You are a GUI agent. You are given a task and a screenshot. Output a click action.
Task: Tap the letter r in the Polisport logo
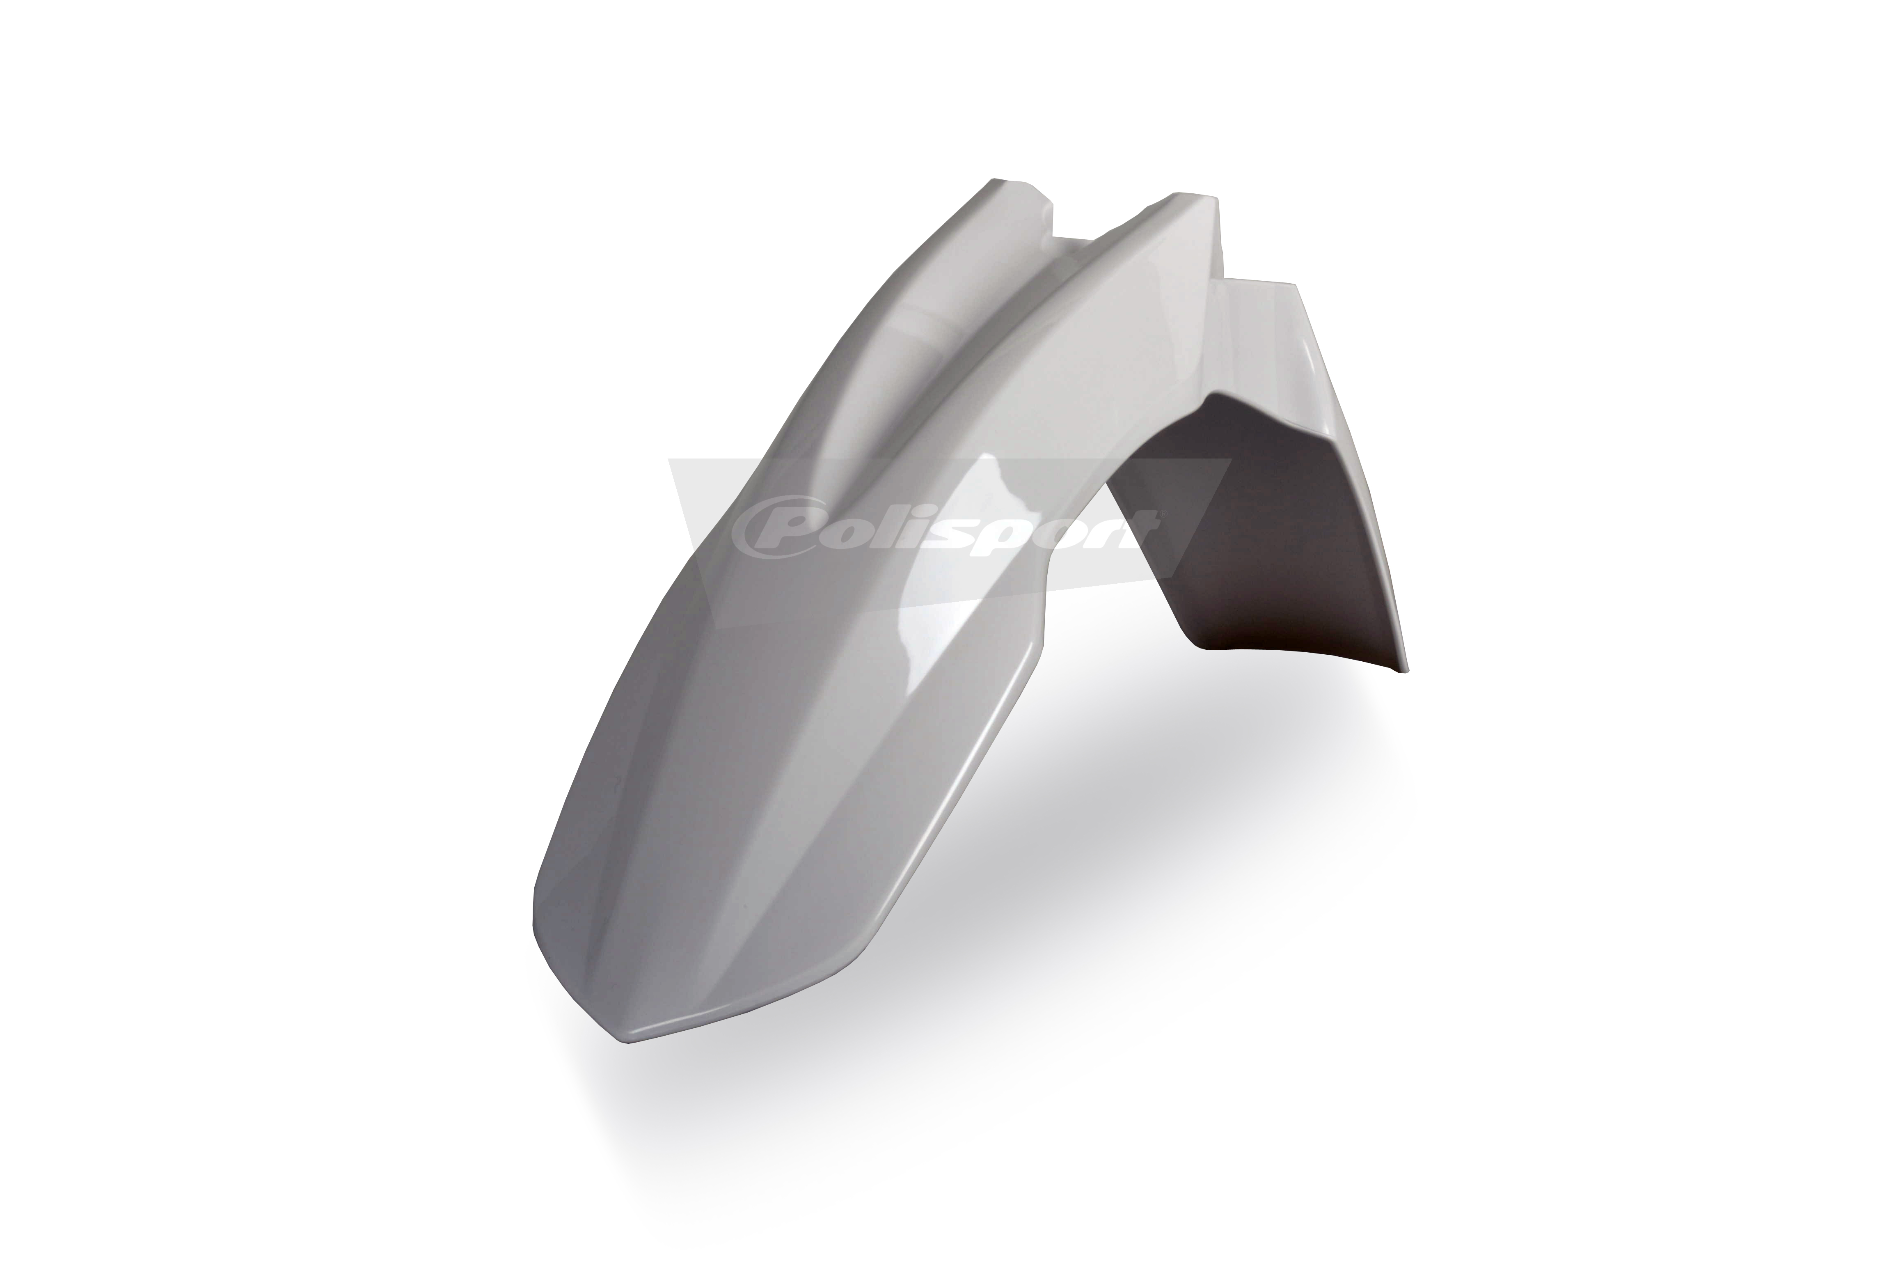[1087, 529]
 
